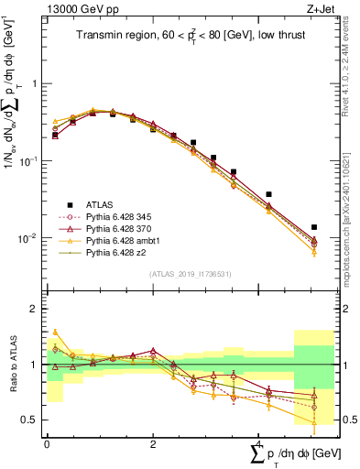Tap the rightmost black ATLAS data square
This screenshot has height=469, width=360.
pos(313,227)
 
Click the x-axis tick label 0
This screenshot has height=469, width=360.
pos(47,442)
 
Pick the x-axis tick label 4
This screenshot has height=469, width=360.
pos(259,442)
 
